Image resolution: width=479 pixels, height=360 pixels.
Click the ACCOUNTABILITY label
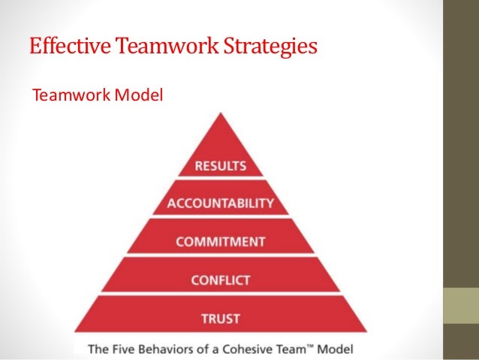[x=220, y=204]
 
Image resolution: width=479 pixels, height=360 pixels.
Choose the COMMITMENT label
[x=220, y=242]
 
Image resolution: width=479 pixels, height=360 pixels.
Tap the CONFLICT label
[x=220, y=280]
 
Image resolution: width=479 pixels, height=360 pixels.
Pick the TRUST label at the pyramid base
[x=220, y=319]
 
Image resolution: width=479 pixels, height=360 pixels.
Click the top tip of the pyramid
[x=220, y=113]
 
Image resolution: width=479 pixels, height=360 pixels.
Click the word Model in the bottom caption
[x=336, y=349]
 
